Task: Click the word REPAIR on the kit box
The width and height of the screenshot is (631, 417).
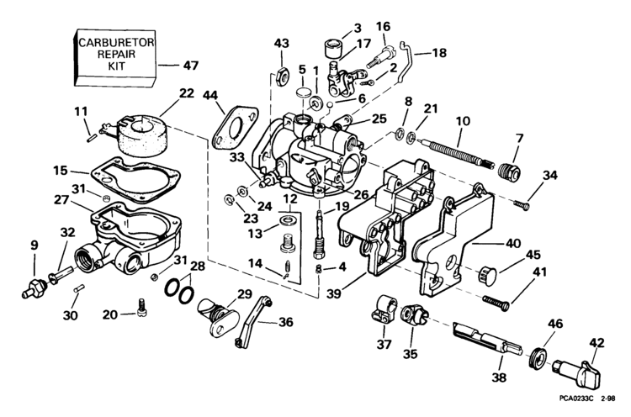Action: pyautogui.click(x=116, y=55)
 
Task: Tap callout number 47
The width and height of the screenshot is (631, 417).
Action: pyautogui.click(x=191, y=65)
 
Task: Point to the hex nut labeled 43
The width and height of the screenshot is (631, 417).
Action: pyautogui.click(x=281, y=76)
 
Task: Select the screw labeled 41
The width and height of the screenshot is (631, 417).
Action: pyautogui.click(x=496, y=303)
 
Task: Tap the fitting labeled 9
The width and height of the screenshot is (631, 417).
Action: pyautogui.click(x=34, y=288)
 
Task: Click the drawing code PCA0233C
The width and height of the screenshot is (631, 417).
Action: pyautogui.click(x=575, y=399)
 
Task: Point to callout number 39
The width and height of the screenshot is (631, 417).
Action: pyautogui.click(x=334, y=293)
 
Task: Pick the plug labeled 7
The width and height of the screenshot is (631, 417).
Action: pyautogui.click(x=509, y=172)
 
